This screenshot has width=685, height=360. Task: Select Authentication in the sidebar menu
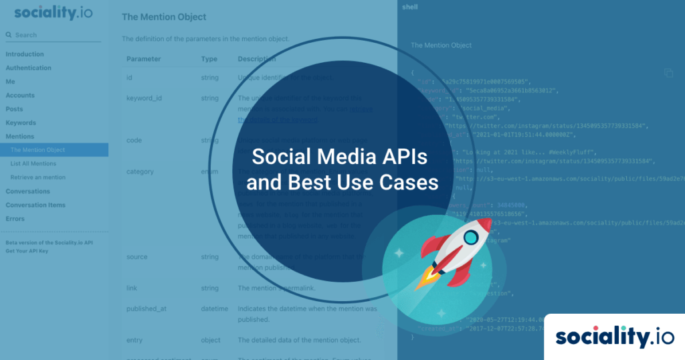[x=29, y=68]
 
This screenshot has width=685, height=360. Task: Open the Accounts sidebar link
[x=20, y=95]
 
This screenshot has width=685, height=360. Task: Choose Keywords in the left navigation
[x=21, y=122]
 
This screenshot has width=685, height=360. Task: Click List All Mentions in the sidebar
[x=33, y=163]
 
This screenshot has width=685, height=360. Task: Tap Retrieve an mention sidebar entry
[x=37, y=177]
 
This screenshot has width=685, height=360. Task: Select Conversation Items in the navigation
[x=35, y=205]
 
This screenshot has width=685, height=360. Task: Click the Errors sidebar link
[x=15, y=219]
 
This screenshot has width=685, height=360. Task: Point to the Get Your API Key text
[x=27, y=250]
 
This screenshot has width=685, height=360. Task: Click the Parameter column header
[x=143, y=59]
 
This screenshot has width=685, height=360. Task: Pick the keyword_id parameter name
[x=144, y=98]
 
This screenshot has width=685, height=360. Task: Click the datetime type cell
[x=214, y=309]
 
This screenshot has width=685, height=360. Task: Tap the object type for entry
[x=211, y=340]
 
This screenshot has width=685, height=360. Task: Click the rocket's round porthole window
[x=471, y=236]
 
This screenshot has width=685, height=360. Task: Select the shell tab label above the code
[x=409, y=7]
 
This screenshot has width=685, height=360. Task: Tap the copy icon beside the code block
[x=668, y=73]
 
